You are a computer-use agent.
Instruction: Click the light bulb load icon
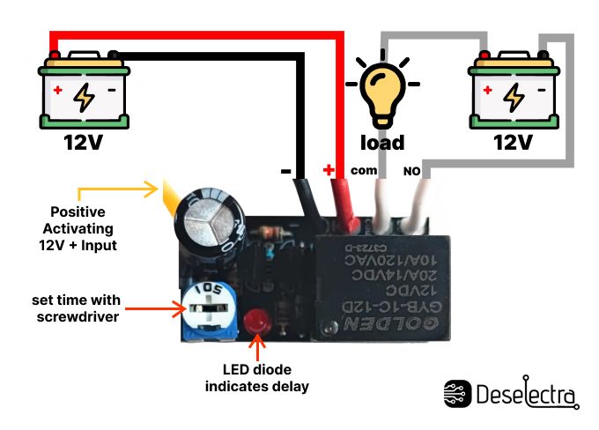pyautogui.click(x=382, y=92)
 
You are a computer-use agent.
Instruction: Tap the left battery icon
pyautogui.click(x=84, y=91)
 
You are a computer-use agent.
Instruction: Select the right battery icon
pyautogui.click(x=512, y=91)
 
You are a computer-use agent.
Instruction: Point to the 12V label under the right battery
pyautogui.click(x=512, y=142)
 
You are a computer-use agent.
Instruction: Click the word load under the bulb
pyautogui.click(x=383, y=143)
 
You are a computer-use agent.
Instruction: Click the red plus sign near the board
pyautogui.click(x=329, y=169)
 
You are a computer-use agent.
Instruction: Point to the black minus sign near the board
pyautogui.click(x=285, y=171)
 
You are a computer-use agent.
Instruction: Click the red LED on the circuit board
pyautogui.click(x=258, y=322)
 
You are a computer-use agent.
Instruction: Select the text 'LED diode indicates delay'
pyautogui.click(x=256, y=378)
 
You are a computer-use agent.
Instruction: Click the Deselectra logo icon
pyautogui.click(x=457, y=394)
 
